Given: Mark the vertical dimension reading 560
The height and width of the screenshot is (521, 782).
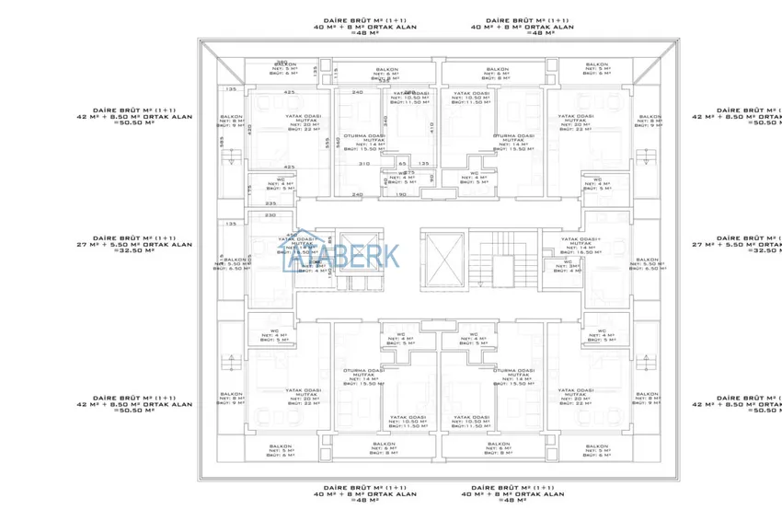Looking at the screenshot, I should click(x=338, y=143).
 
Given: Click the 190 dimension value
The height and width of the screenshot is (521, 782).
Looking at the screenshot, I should click(x=400, y=194).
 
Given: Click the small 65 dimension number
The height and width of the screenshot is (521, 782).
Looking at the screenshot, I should click(x=389, y=163).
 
